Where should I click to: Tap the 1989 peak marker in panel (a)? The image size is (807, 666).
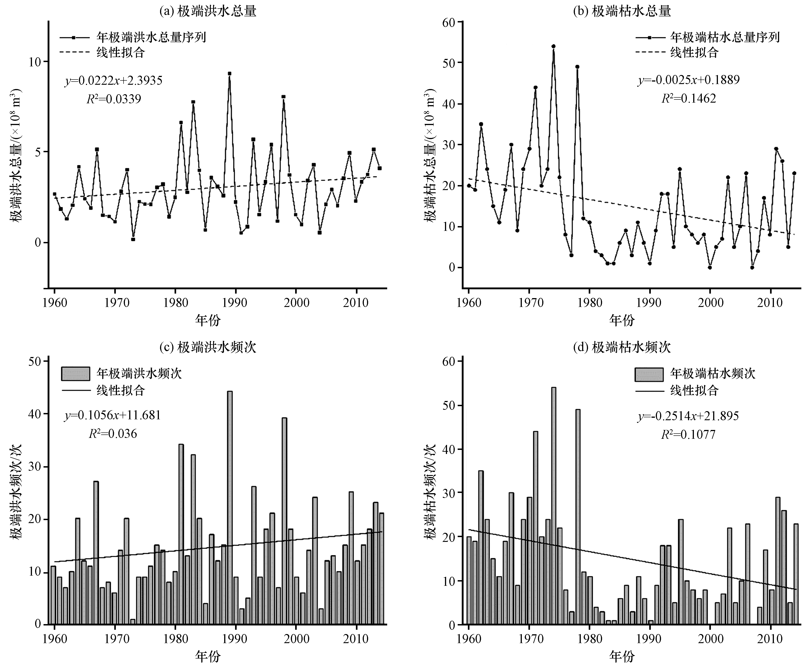pos(229,73)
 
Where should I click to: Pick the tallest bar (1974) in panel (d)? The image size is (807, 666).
pos(554,506)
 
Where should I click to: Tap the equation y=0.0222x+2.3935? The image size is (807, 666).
pos(113,81)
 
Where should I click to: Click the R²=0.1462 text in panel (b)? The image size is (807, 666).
pos(688,99)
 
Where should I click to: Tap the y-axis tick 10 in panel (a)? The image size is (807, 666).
pos(34,62)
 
